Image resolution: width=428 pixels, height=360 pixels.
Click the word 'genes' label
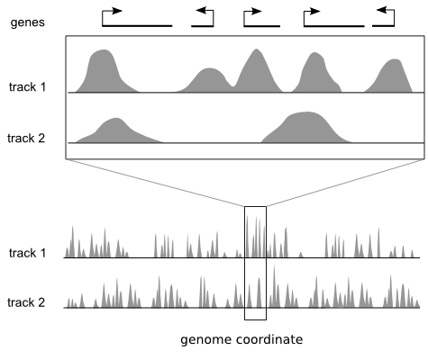click(x=28, y=22)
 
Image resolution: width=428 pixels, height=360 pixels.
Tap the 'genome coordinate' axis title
click(x=241, y=339)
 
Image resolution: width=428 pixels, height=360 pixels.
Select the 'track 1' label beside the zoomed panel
click(x=27, y=87)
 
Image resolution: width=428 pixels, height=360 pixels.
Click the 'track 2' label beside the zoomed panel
click(x=26, y=139)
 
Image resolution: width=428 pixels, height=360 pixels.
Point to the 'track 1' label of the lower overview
click(x=27, y=253)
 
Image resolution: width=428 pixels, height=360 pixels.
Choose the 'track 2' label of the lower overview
click(x=26, y=302)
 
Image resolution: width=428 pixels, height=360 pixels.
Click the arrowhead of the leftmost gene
click(x=117, y=11)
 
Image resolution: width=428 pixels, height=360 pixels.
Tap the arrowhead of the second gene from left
click(x=201, y=10)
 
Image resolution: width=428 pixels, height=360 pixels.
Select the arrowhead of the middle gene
click(x=257, y=12)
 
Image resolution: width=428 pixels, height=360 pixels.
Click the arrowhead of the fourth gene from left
click(x=314, y=12)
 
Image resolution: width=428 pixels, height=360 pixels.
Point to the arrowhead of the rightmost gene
click(x=381, y=10)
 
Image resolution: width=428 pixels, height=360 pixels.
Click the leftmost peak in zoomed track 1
click(x=105, y=72)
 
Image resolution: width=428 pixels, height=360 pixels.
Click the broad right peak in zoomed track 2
click(x=306, y=129)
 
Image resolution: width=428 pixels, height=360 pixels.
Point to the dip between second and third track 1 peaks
click(x=233, y=86)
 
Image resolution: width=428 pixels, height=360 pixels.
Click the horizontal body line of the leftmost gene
click(x=137, y=26)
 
